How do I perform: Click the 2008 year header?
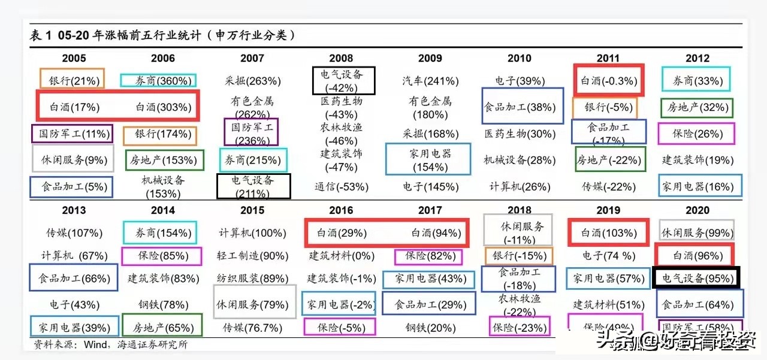(x=341, y=58)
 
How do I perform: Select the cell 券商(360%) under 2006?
(x=158, y=81)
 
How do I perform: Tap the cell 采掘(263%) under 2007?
(x=252, y=81)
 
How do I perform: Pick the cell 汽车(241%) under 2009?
(x=430, y=81)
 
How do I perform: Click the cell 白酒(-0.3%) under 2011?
(x=609, y=81)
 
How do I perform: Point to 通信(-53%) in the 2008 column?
(x=341, y=187)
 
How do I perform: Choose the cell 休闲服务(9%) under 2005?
(x=74, y=160)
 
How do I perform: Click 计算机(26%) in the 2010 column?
(x=520, y=187)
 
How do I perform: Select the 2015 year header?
(x=252, y=210)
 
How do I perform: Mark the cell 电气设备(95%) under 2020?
(x=696, y=279)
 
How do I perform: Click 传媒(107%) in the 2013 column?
(x=74, y=233)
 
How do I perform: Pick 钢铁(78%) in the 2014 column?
(x=163, y=305)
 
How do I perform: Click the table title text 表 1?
(x=41, y=36)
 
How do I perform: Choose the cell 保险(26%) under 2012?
(x=697, y=134)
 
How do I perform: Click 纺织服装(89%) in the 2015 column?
(x=252, y=279)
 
